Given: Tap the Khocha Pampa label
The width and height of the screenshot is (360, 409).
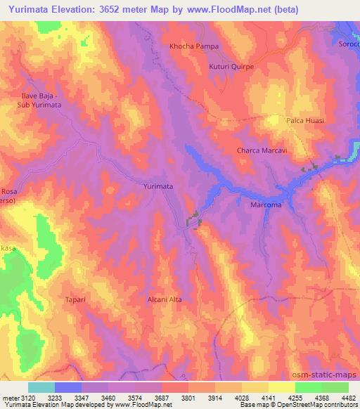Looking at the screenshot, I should [x=194, y=46].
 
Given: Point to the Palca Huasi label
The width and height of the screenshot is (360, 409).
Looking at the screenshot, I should [x=305, y=121].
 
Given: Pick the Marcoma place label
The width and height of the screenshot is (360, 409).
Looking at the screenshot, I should [x=266, y=205].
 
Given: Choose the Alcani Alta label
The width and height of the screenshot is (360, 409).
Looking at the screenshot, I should [x=165, y=299].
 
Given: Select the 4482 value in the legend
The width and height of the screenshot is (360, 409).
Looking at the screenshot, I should [x=347, y=398].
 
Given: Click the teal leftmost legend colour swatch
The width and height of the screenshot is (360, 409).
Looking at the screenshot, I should [x=41, y=387].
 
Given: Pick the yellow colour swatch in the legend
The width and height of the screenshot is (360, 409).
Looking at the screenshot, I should [x=281, y=387].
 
